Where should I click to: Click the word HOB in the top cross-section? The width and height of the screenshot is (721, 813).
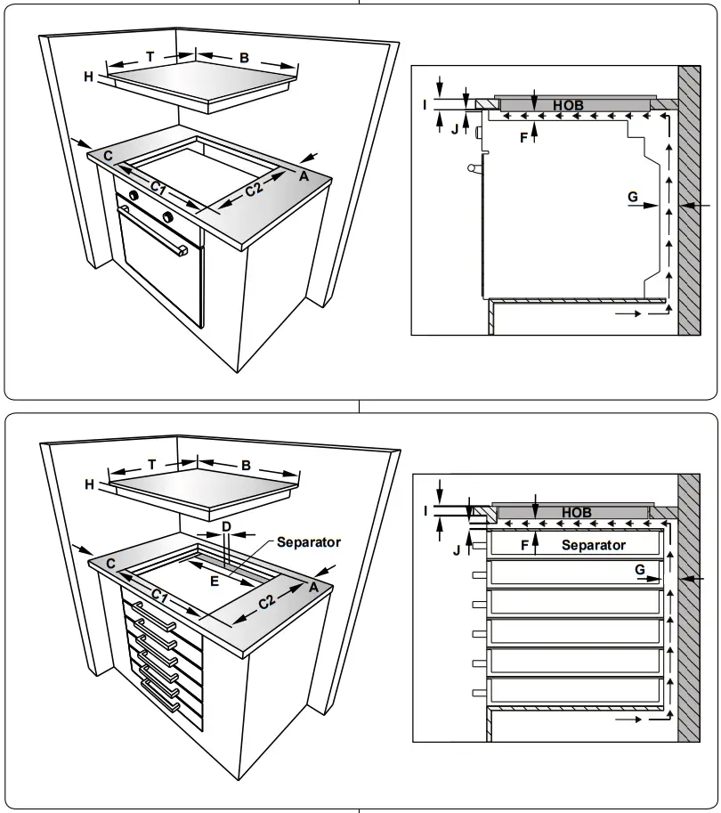567,105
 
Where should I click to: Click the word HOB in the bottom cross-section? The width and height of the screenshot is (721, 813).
576,513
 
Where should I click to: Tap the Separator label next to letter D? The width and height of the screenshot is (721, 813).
308,541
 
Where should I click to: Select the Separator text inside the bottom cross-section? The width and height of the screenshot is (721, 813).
593,545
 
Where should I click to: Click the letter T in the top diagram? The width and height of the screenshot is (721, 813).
150,56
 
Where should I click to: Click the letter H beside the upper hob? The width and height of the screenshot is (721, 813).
89,77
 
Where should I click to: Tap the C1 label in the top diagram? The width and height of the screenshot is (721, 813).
158,188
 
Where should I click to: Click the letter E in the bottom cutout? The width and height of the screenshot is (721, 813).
214,580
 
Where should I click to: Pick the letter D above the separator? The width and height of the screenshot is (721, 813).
226,527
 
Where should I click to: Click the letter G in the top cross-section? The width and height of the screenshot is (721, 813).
632,195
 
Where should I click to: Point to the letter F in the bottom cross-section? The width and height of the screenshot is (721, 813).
524,544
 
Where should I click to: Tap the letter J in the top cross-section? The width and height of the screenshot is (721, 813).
454,129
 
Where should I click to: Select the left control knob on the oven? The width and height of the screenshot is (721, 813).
133,195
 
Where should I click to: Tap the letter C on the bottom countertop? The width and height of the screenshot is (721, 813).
110,564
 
